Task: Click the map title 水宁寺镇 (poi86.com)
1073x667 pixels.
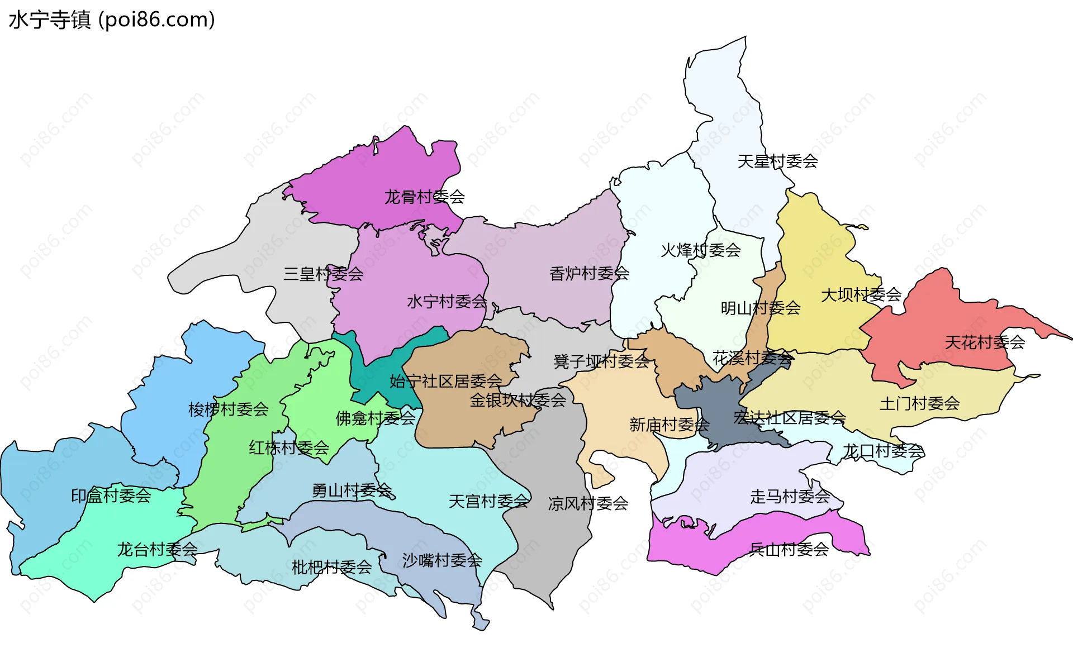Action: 112,20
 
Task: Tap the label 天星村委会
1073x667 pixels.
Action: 777,161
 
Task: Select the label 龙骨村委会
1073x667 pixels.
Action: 424,197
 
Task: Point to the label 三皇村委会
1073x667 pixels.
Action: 323,274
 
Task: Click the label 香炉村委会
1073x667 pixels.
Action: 589,273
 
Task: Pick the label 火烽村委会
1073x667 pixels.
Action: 700,250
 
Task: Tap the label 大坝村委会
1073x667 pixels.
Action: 861,294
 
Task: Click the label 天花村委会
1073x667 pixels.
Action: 984,342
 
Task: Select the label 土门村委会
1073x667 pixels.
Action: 919,403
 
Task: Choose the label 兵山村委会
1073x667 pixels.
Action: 789,549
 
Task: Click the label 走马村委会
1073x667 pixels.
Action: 790,496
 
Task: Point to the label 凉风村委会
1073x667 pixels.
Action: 588,503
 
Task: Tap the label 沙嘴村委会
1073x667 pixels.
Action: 441,560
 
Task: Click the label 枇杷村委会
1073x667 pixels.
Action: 331,567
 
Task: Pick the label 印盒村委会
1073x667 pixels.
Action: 111,495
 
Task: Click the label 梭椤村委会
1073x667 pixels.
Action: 228,409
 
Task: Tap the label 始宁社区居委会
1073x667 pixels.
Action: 445,381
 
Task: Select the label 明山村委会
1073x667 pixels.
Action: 760,308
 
